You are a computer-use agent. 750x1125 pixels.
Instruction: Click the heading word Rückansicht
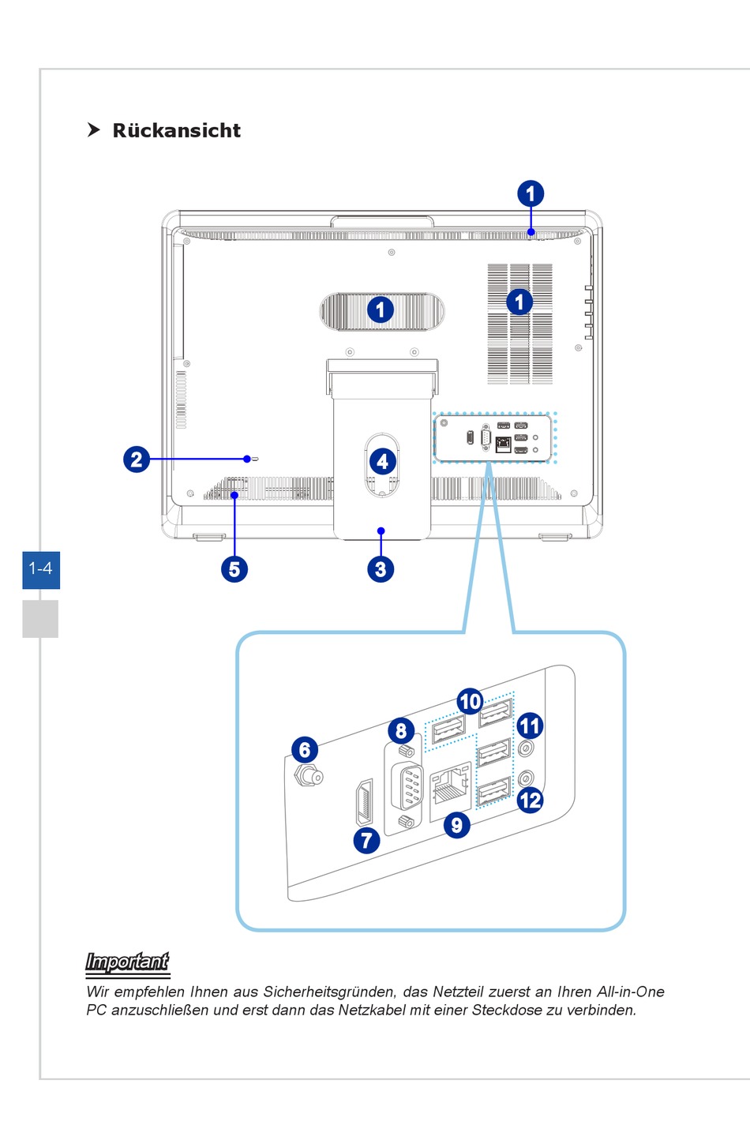[x=176, y=131]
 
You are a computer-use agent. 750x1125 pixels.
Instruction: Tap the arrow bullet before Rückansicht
[x=94, y=130]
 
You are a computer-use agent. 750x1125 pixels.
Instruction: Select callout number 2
[x=137, y=459]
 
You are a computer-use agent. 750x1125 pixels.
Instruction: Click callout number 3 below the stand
[x=381, y=568]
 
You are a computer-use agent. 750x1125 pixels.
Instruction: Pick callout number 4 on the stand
[x=383, y=461]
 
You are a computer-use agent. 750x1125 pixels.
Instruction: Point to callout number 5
[x=234, y=568]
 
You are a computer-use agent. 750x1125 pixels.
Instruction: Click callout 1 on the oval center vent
[x=381, y=309]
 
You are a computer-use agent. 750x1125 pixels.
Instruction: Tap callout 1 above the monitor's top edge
[x=531, y=193]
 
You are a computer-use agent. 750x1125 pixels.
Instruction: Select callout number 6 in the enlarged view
[x=305, y=749]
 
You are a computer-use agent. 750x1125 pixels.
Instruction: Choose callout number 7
[x=366, y=839]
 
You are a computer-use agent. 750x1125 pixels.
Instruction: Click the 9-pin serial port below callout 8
[x=407, y=786]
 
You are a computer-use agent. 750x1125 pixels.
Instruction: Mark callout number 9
[x=456, y=825]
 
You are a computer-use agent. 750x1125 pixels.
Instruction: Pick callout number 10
[x=470, y=701]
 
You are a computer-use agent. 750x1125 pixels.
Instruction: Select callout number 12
[x=530, y=800]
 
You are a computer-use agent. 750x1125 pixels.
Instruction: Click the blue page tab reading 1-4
[x=41, y=568]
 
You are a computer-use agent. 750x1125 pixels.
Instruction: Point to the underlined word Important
[x=127, y=962]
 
